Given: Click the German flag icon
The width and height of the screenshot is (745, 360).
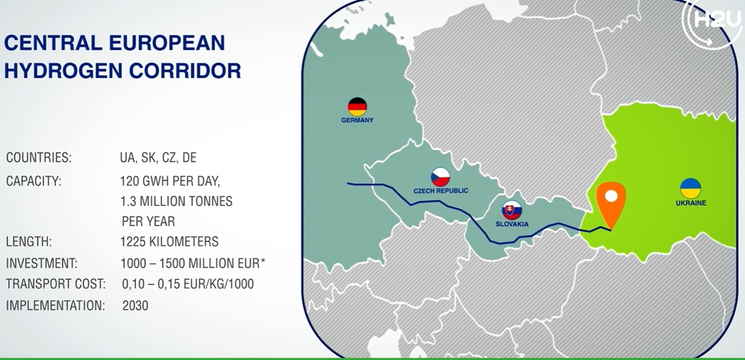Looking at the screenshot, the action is (357, 107).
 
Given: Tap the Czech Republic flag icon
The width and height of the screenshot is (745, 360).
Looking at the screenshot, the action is (441, 177).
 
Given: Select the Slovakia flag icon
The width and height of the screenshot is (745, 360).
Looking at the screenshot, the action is (512, 210).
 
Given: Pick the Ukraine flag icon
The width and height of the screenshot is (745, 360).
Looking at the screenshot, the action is (690, 188).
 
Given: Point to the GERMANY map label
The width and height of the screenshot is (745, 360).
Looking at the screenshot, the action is (357, 120).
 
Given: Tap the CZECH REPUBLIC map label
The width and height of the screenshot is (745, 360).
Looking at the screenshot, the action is (441, 190).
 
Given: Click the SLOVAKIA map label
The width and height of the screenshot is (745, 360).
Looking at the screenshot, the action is (512, 224).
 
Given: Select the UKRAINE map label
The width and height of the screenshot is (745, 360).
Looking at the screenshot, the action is (691, 203).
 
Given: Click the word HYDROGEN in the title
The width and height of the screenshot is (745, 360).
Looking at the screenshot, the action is (63, 71).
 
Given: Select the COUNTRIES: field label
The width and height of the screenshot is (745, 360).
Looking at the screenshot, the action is (39, 157).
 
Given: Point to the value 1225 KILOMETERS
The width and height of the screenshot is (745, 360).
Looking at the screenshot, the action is (169, 242).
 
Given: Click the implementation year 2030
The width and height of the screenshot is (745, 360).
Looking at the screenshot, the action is (135, 305).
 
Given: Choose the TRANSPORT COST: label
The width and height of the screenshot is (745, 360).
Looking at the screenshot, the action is (56, 284).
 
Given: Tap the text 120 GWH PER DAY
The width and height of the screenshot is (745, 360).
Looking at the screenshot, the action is (170, 181).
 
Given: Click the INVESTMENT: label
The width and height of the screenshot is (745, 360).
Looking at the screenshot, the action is (41, 263).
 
